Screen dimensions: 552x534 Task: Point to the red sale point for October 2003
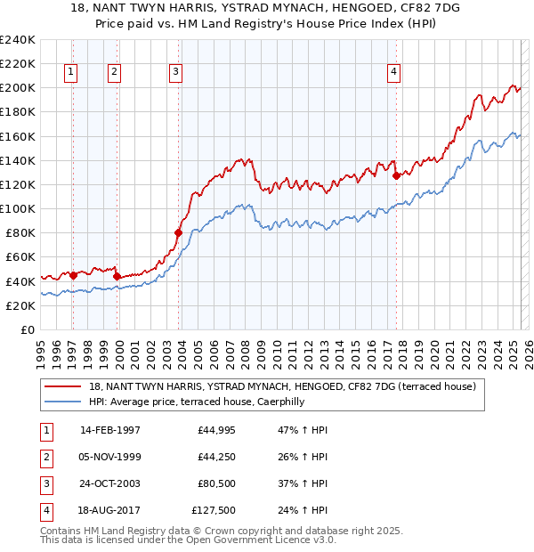tap(179, 232)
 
